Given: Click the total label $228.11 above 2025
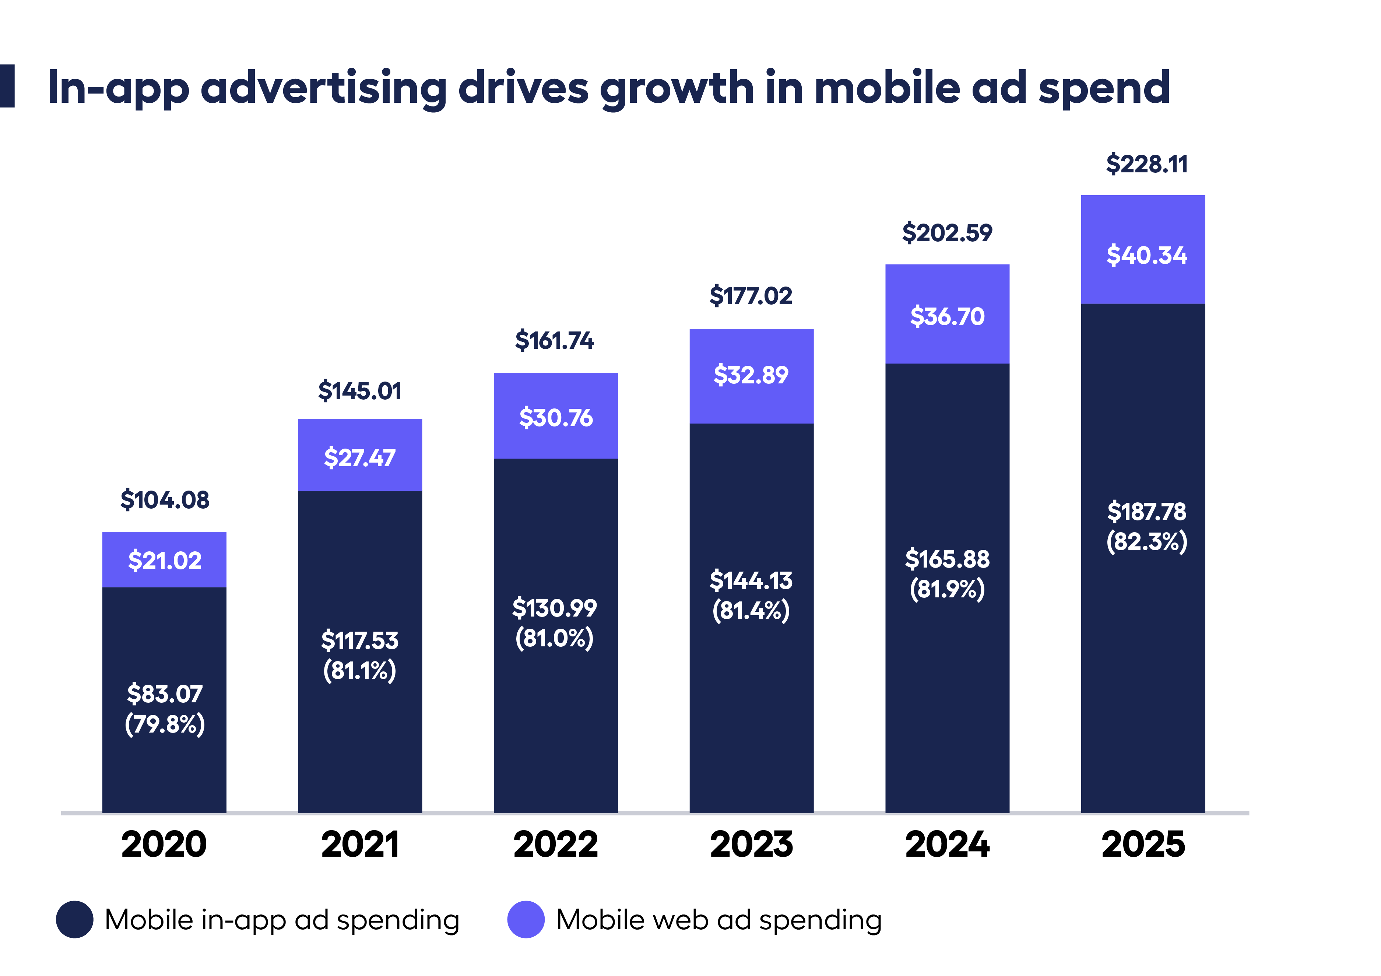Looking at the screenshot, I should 1146,164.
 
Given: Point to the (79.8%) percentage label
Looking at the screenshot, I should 164,724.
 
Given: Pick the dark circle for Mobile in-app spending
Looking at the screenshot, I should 75,920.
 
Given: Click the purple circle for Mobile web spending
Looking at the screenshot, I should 526,920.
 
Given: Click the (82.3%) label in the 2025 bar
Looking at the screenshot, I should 1146,542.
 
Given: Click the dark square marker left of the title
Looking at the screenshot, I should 7,86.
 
